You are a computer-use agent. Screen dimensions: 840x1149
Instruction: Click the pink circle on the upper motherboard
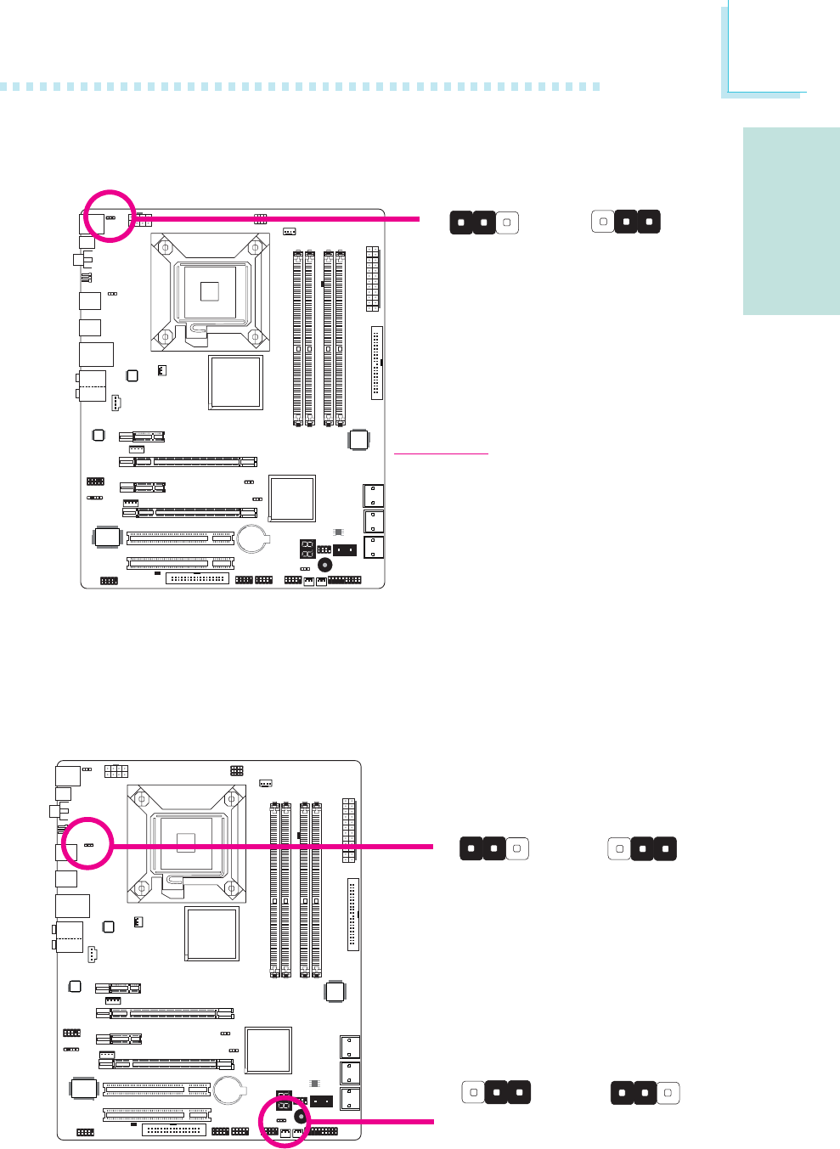click(110, 215)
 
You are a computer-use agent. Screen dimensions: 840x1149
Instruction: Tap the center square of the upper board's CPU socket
click(210, 290)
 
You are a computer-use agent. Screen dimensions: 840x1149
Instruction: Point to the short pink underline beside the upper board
click(442, 453)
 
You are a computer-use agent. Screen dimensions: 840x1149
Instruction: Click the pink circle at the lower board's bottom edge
click(285, 1121)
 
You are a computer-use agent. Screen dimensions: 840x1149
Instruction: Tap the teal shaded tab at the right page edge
click(791, 221)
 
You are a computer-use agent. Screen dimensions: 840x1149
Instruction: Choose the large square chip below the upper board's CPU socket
click(235, 382)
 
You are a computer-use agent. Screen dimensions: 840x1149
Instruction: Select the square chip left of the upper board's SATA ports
click(292, 498)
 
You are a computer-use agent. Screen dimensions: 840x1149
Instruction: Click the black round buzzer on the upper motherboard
click(324, 566)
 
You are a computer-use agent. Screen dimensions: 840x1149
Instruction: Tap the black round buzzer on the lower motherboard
click(301, 1117)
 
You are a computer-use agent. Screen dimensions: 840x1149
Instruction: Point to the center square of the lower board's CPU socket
click(186, 842)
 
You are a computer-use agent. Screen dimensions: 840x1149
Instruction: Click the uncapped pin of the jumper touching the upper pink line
click(506, 223)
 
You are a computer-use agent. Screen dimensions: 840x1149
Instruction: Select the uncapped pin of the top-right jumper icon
click(602, 222)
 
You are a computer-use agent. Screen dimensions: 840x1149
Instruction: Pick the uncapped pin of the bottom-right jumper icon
click(668, 1093)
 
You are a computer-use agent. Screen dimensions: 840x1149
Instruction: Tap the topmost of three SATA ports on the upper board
click(373, 495)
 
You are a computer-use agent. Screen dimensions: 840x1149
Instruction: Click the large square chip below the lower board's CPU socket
click(211, 933)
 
